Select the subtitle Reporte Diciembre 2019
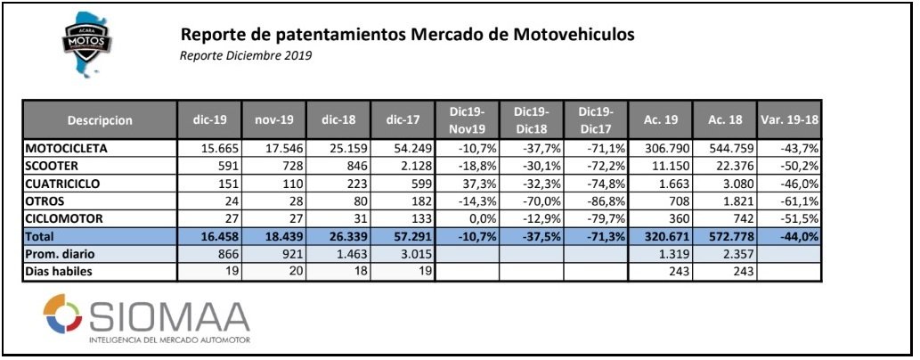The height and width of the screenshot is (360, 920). point(246,55)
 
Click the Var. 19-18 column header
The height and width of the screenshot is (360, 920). point(788,119)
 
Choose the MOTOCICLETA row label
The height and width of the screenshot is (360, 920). point(67,148)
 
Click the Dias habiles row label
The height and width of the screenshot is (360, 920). point(61,271)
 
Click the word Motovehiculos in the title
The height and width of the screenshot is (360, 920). point(573,35)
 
